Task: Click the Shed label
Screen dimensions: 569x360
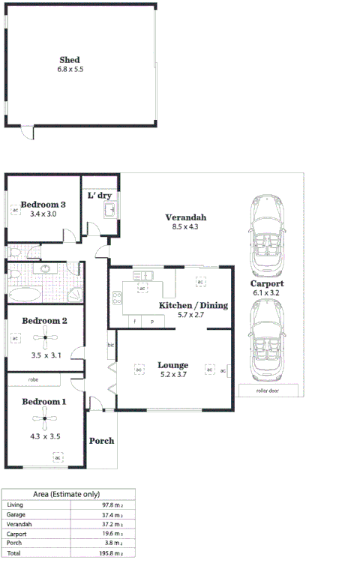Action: pos(69,60)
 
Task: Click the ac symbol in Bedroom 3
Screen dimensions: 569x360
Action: pos(15,211)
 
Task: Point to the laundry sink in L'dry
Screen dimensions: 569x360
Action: pos(109,208)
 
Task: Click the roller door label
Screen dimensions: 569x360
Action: pos(268,391)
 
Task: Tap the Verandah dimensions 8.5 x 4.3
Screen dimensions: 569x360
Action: pos(185,227)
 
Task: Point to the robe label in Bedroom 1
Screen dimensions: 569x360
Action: pos(33,379)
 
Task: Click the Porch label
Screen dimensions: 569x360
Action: pos(101,441)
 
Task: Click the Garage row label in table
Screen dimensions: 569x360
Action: pos(16,515)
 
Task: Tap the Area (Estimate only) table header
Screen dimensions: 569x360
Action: pos(68,495)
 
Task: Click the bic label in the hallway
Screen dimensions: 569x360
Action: pos(110,345)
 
